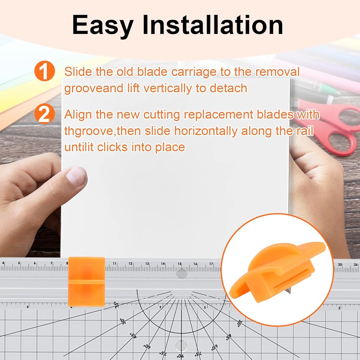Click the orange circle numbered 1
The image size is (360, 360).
tap(45, 71)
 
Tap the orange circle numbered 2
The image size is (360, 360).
tap(45, 114)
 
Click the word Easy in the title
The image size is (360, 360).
tap(103, 26)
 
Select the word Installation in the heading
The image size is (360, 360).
tap(213, 24)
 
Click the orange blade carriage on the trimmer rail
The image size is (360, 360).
tap(86, 282)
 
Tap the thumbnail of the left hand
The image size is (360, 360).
tap(76, 176)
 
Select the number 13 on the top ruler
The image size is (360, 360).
tap(147, 264)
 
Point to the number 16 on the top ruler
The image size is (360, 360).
tap(195, 264)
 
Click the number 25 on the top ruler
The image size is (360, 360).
tap(340, 265)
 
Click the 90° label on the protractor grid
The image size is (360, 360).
tap(180, 356)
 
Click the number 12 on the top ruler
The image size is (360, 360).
tap(130, 264)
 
